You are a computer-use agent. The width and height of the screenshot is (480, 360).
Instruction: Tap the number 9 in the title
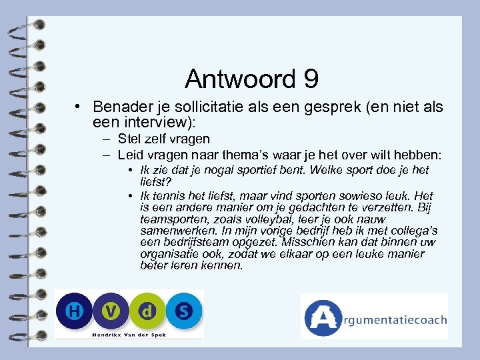pos(310,79)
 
